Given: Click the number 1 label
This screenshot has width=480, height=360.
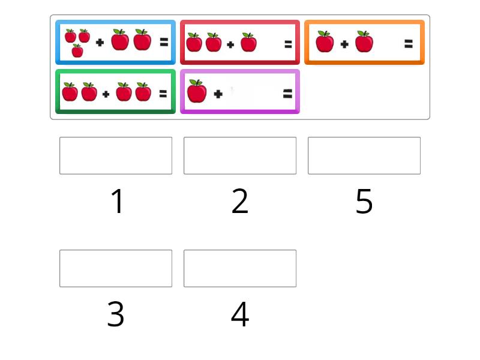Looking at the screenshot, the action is coord(117,201).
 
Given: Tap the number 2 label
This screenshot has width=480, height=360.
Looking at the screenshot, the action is coord(239,201).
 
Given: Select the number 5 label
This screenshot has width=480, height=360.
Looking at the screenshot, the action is coord(364,201).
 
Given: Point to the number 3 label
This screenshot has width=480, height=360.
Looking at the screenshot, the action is coord(116,314).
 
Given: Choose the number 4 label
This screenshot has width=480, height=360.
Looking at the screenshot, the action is coord(240,314).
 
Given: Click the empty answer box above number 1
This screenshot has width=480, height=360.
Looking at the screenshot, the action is coord(116,155).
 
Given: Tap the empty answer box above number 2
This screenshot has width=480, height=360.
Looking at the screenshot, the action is coord(240,155).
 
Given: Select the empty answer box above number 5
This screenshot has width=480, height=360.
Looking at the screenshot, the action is coord(364,155).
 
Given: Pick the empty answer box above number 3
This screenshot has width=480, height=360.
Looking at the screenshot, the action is coord(116,268).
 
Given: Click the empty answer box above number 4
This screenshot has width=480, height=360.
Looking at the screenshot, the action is coord(240,268).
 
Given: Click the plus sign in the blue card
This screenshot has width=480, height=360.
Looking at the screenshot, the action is coord(100,42).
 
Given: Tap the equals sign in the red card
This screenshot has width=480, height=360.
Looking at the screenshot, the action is coord(288,44).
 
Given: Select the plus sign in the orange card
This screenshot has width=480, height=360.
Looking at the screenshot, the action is coord(344,44).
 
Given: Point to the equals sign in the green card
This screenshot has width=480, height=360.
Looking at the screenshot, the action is coord(163,94).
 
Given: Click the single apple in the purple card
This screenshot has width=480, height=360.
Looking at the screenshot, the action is coord(197,91).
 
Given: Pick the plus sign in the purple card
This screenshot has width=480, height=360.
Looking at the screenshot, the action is coord(218,94).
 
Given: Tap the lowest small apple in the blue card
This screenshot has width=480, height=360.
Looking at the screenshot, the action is coord(77,50).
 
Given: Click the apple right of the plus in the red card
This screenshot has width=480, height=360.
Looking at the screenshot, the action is coord(248,42).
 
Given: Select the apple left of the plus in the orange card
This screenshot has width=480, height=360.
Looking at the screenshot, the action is coord(325,41).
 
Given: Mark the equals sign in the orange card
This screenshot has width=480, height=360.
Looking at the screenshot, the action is coord(409,44).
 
